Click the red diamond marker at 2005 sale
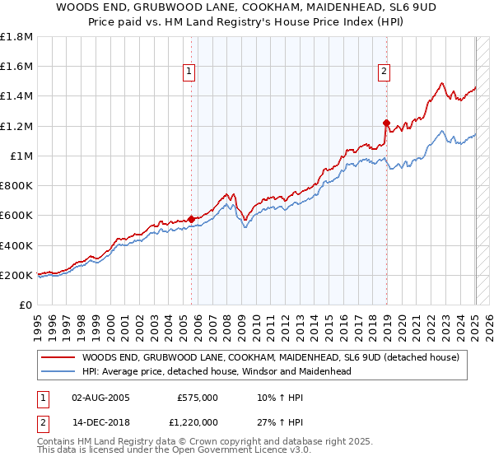[191, 219]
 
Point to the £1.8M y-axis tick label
[16, 37]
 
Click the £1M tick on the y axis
[20, 156]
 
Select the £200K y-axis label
[16, 275]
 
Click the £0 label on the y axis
[25, 305]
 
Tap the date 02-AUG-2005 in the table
[102, 397]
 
